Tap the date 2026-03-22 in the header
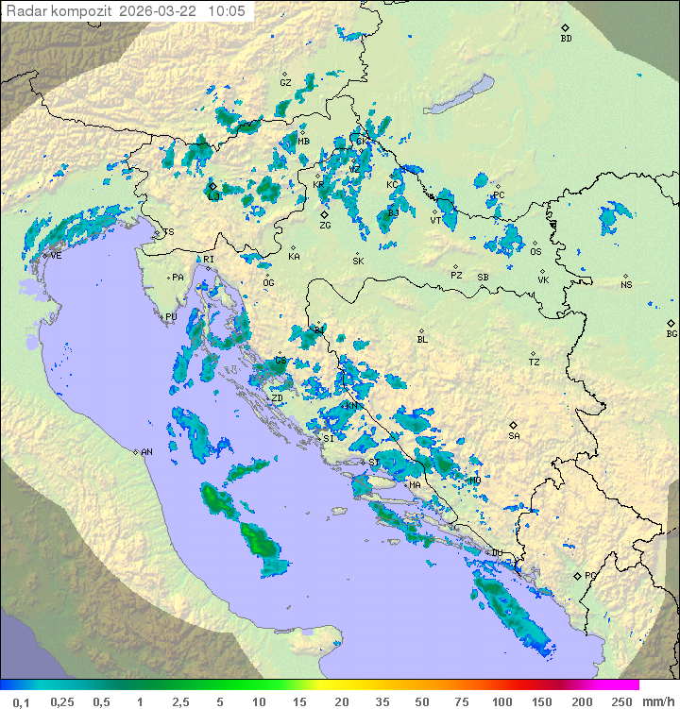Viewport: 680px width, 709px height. [x=159, y=11]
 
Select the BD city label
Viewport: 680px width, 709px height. [x=566, y=39]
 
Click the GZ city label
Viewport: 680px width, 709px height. [x=285, y=83]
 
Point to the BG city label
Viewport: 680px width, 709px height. [x=671, y=333]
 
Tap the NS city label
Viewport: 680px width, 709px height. [x=626, y=285]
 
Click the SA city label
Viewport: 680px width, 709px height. [x=514, y=436]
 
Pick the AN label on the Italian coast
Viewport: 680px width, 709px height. [x=146, y=452]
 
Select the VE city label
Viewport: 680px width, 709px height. [x=56, y=256]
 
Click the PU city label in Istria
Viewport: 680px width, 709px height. [x=171, y=317]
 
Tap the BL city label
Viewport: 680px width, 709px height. [x=422, y=340]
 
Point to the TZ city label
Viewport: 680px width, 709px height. [x=534, y=363]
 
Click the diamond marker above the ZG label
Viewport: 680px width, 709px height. [x=324, y=214]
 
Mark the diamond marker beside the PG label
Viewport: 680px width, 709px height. [x=577, y=575]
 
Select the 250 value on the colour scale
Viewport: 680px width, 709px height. [x=621, y=701]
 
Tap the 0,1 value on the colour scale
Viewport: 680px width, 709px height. [x=21, y=701]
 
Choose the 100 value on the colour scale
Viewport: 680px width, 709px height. [x=501, y=701]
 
